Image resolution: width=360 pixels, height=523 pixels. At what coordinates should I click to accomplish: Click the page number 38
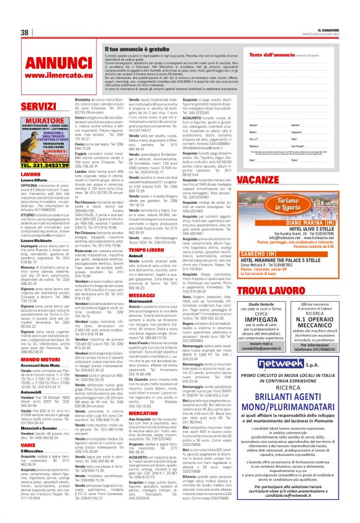pos(25,33)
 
